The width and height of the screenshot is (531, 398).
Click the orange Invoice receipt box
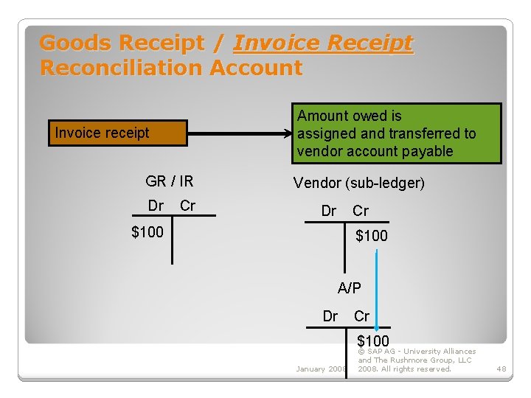point(117,133)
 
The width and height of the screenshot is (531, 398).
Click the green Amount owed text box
point(397,133)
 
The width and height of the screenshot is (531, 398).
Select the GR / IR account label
point(170,181)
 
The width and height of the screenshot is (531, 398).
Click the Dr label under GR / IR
point(156,206)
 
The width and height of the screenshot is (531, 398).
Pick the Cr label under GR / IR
point(188,206)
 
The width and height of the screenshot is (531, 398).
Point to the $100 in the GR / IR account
point(147,233)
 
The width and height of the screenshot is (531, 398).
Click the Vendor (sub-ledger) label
point(359,183)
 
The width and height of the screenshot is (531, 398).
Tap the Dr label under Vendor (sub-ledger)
point(329,211)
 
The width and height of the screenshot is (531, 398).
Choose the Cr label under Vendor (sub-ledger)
point(361,211)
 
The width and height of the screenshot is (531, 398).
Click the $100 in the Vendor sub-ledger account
point(372,237)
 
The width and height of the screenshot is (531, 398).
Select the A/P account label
point(350,288)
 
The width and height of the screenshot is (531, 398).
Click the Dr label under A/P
point(330,316)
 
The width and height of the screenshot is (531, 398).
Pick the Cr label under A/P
point(361,316)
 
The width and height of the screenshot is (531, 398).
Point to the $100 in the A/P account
point(373,341)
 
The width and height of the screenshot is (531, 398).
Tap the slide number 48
point(501,369)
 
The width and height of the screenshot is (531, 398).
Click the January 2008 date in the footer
point(321,369)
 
